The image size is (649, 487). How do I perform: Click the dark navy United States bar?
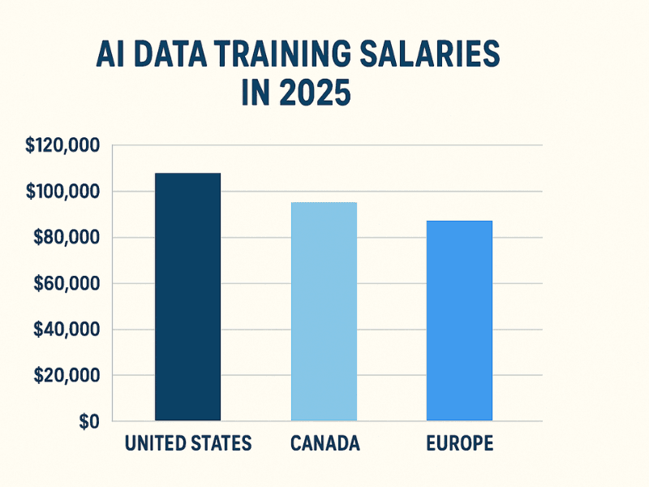click(x=187, y=297)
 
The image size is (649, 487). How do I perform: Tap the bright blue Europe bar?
click(x=459, y=321)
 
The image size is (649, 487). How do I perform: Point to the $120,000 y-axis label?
click(x=62, y=146)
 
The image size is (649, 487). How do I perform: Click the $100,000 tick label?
click(x=62, y=192)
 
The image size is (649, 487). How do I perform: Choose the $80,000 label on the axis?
click(x=67, y=238)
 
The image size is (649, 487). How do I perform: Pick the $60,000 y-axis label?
click(x=67, y=284)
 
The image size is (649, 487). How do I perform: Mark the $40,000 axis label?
click(x=67, y=330)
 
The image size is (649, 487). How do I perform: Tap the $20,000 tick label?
click(x=67, y=376)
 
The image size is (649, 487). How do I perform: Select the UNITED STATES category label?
click(x=188, y=443)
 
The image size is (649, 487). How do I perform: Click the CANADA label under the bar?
click(x=324, y=443)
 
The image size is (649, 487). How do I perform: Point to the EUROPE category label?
click(x=459, y=443)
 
